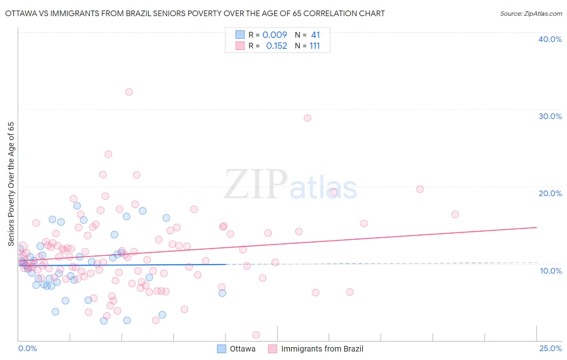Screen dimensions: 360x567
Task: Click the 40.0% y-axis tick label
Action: pos(550,39)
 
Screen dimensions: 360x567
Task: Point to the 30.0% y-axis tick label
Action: pos(550,116)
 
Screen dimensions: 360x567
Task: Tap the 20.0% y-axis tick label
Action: pos(550,193)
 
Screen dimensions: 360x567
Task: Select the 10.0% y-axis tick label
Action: pos(550,271)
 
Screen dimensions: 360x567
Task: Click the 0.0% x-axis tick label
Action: pos(27,348)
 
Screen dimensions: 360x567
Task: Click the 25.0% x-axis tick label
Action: pos(550,348)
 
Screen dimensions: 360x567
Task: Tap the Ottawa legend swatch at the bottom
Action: pos(221,349)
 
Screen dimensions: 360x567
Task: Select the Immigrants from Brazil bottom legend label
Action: pos(322,349)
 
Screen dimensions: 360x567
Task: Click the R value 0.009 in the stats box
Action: pos(275,35)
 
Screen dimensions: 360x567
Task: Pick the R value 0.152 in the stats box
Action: pos(276,46)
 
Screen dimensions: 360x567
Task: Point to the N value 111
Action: pos(315,46)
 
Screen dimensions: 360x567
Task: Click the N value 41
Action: pos(315,35)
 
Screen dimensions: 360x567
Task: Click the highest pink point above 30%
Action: pos(129,92)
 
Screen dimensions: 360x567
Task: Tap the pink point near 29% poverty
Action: pos(307,118)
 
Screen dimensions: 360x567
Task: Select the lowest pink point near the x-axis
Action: pos(256,335)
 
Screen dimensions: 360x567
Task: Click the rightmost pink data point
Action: pos(455,214)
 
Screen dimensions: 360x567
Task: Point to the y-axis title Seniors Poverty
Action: pos(11,184)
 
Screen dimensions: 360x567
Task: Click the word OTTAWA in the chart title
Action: pos(21,13)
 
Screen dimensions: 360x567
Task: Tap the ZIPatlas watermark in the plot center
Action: pos(290,185)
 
